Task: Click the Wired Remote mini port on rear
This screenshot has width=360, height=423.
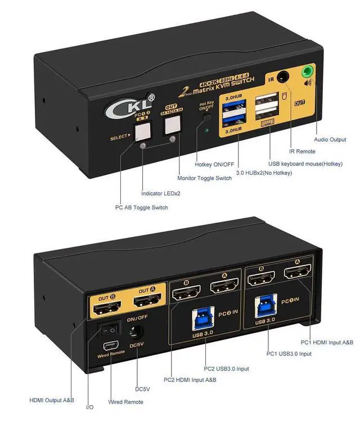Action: pyautogui.click(x=110, y=346)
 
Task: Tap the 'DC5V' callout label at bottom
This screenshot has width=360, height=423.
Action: pyautogui.click(x=142, y=389)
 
